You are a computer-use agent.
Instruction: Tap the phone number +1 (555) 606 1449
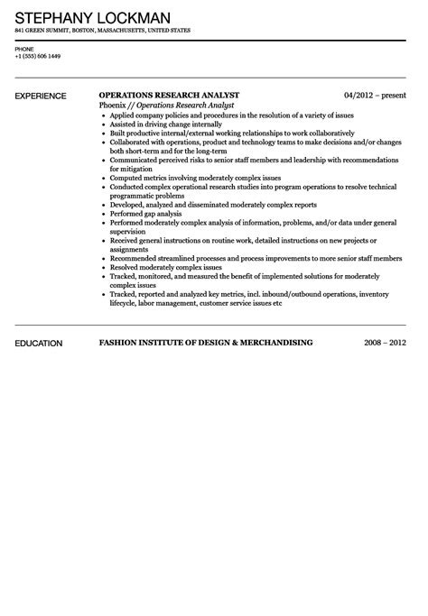tap(37, 57)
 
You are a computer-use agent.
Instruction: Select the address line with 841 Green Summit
tap(102, 30)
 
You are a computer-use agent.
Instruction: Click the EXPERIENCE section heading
tap(41, 95)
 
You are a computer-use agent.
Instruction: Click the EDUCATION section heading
tap(38, 343)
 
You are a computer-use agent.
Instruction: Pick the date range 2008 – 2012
tap(386, 343)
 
